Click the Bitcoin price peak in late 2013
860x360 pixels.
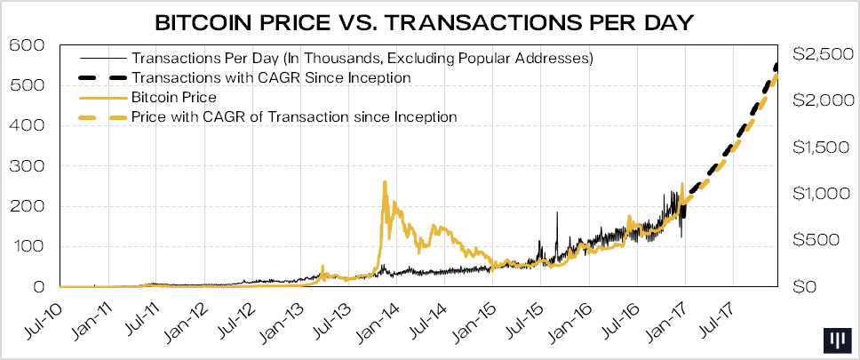384,182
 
